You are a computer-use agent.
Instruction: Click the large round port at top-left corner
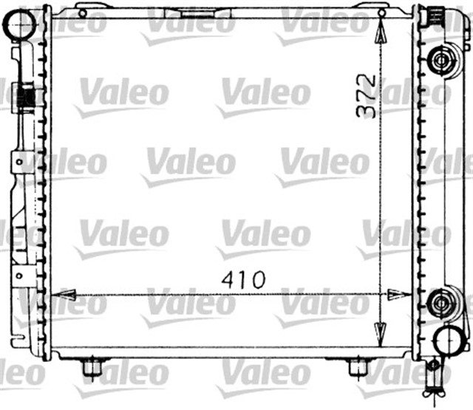tap(21, 27)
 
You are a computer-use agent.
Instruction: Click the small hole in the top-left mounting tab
tap(82, 13)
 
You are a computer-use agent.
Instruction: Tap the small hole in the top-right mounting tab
tap(381, 13)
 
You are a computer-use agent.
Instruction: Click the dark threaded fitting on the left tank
tap(26, 96)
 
